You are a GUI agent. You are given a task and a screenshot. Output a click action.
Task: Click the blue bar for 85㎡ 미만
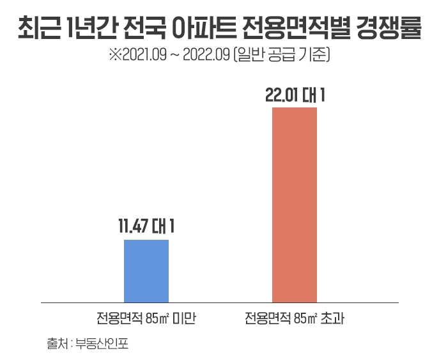click(x=146, y=270)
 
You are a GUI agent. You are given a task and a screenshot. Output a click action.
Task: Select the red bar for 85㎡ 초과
click(x=295, y=205)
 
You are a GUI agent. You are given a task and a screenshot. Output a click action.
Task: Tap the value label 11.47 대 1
click(x=146, y=227)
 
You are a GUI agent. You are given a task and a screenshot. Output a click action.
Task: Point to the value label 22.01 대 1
click(x=295, y=96)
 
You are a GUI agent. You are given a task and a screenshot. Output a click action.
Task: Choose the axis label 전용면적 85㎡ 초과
click(x=295, y=318)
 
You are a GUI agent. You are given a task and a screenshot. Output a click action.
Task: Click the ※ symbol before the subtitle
click(x=114, y=56)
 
